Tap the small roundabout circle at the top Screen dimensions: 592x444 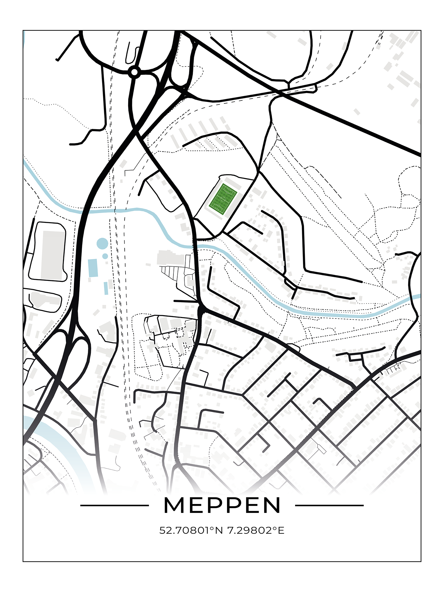134,71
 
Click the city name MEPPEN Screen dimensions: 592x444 222,505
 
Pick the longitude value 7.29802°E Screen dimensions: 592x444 256,530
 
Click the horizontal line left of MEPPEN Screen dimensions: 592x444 114,505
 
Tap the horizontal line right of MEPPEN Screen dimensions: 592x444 329,505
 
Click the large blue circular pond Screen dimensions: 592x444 102,244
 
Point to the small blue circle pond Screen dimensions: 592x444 105,256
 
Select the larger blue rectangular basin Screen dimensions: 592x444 93,268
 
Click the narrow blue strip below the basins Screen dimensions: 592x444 106,288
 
